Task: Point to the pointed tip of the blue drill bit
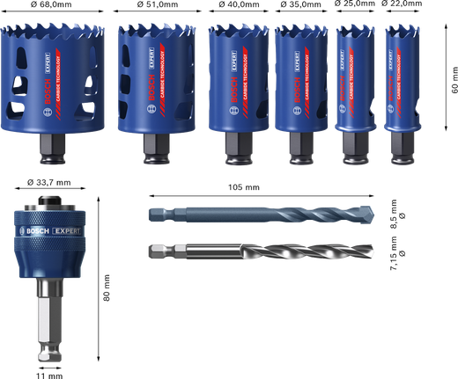[x=378, y=214]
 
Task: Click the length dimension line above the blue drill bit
[x=264, y=194]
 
